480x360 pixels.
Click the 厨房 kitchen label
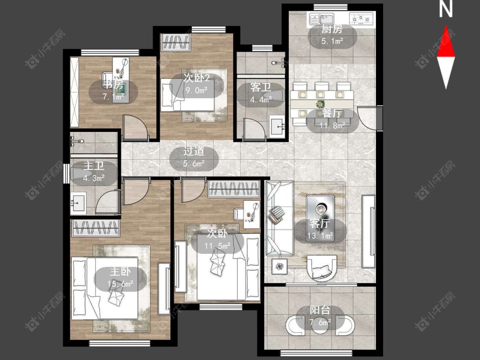[x=332, y=29]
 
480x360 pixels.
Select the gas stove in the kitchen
[x=362, y=19]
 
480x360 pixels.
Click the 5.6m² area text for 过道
[x=194, y=163]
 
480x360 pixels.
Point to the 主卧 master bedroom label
[x=120, y=272]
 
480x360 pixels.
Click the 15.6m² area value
[x=120, y=284]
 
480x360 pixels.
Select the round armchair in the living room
[x=323, y=268]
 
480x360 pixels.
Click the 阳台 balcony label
[x=320, y=310]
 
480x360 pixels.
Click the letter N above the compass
[x=446, y=9]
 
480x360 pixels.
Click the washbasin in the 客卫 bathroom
[x=277, y=125]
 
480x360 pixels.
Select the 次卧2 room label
[x=197, y=78]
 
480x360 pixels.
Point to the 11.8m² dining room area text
[x=332, y=125]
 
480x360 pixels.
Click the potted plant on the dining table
[x=320, y=104]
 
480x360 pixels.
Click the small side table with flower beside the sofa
[x=279, y=266]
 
